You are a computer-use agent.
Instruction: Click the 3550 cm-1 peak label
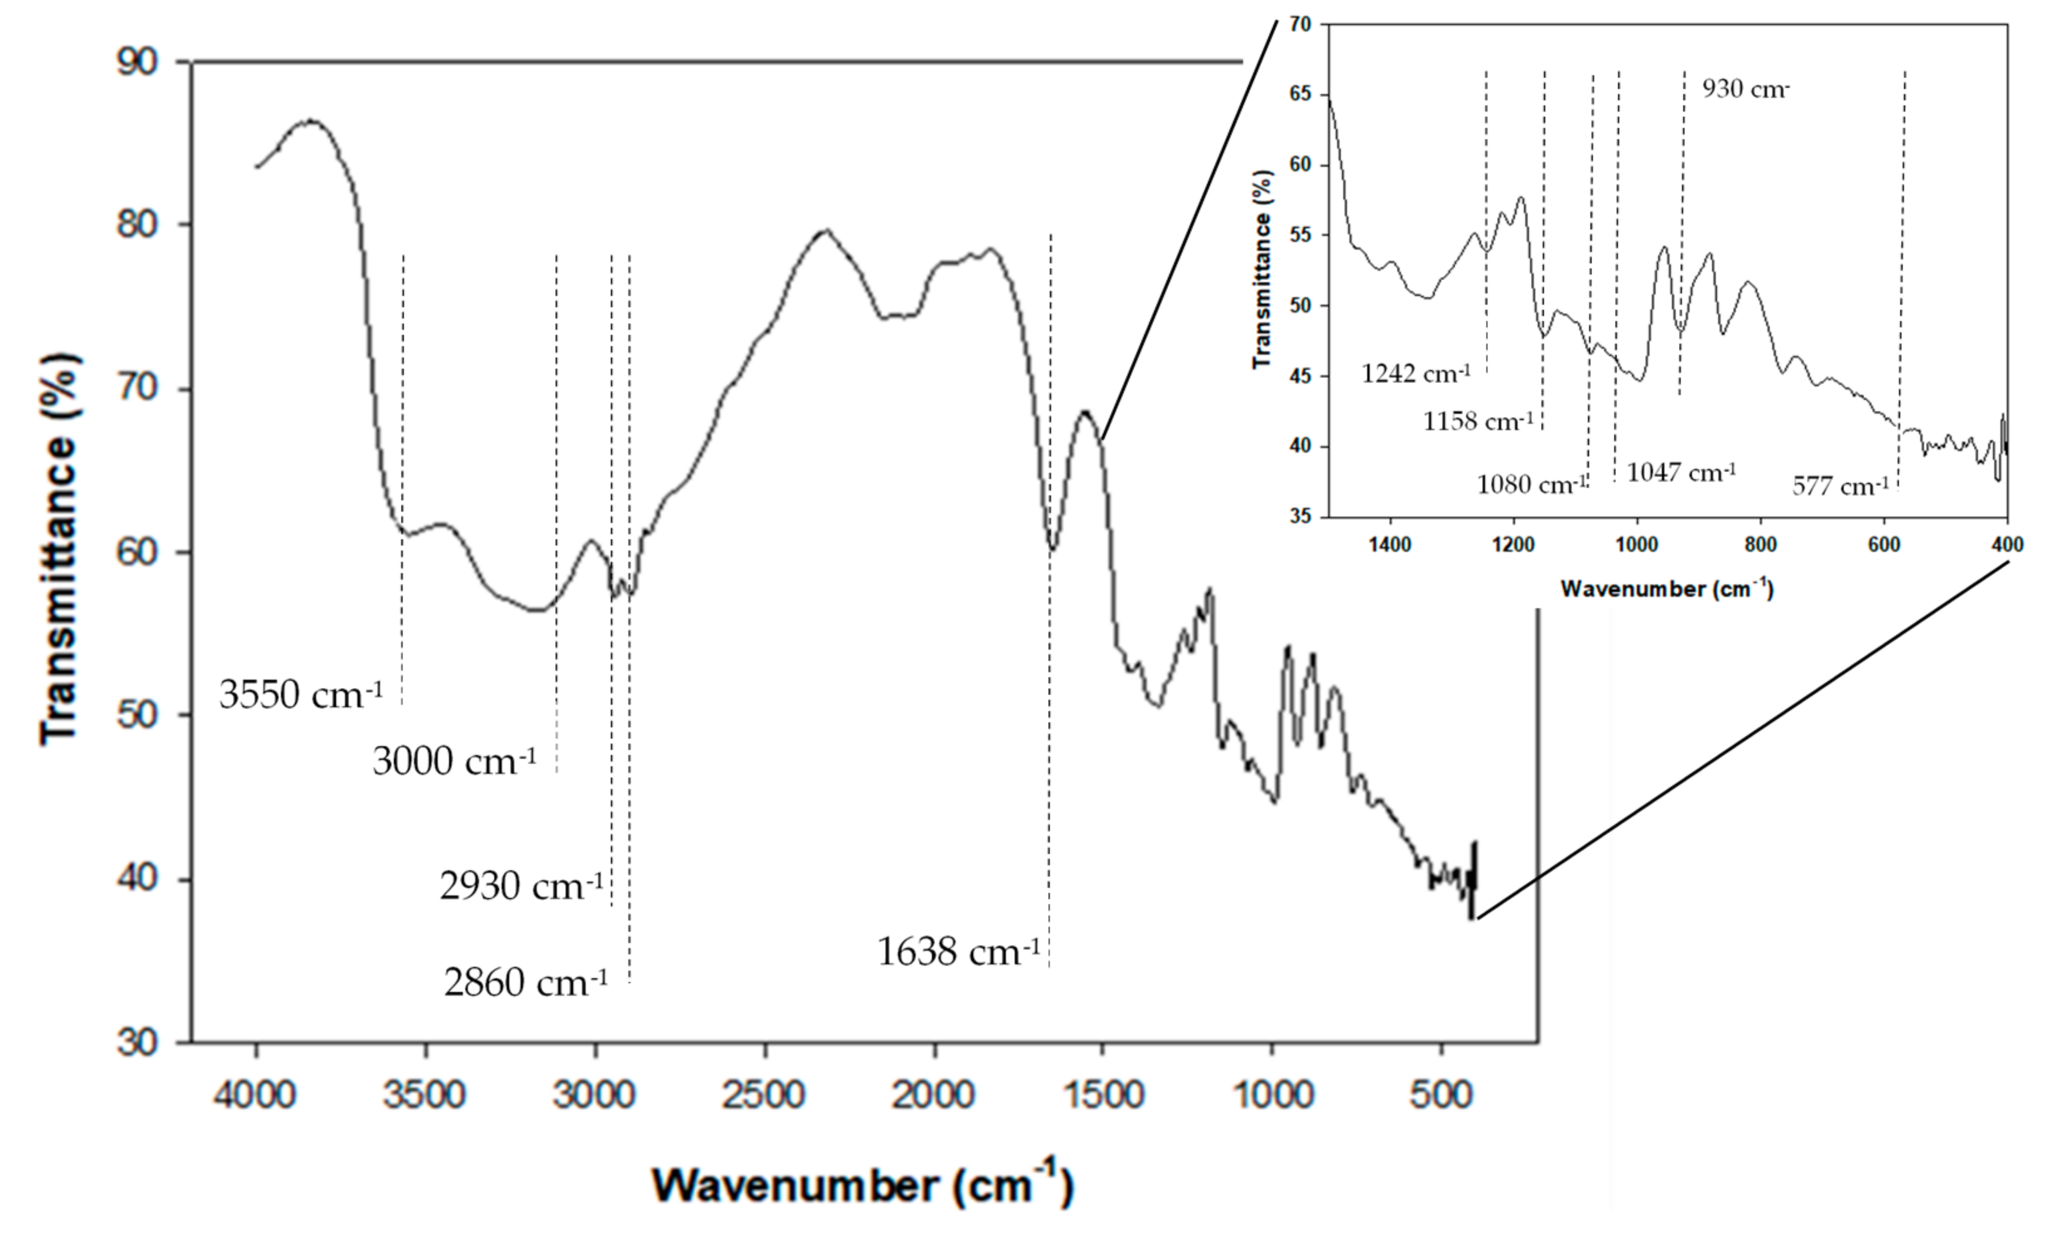click(301, 693)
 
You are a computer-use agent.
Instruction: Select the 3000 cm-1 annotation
click(454, 761)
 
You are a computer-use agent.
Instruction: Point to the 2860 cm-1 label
click(526, 983)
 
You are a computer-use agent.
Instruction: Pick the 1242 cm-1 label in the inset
click(1416, 372)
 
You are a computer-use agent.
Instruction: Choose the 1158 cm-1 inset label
click(1478, 421)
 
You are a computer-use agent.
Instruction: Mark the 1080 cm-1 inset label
click(1531, 484)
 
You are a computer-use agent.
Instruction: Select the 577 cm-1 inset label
click(1840, 485)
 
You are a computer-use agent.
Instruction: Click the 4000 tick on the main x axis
click(255, 1095)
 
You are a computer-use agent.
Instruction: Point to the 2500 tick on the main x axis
click(764, 1095)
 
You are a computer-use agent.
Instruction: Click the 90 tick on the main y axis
click(137, 62)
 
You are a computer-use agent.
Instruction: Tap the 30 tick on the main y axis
click(137, 1042)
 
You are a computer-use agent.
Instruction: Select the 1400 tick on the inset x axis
click(1390, 545)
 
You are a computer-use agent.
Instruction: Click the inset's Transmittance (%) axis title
click(1262, 268)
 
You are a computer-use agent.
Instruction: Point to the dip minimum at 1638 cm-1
click(1052, 548)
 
